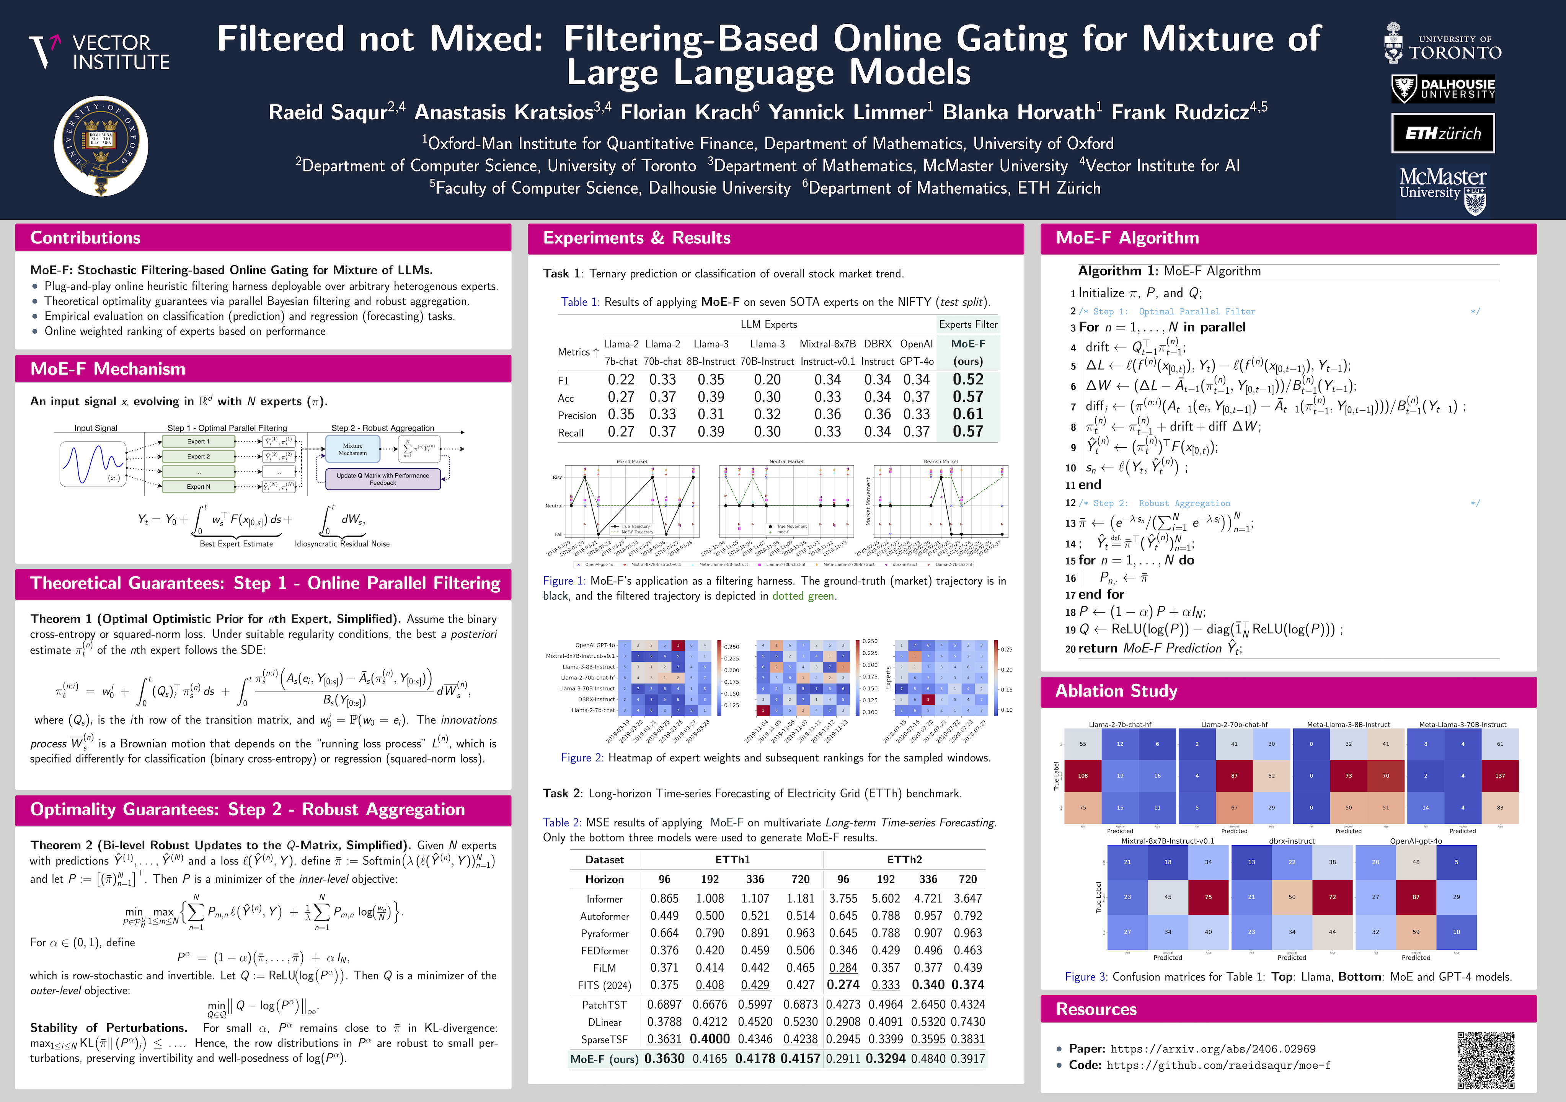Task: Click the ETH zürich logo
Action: point(1442,133)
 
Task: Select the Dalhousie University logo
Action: point(1442,89)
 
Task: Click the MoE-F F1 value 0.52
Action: point(968,380)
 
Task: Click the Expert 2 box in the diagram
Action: point(199,456)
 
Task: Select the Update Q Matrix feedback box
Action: point(383,479)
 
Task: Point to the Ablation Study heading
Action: point(1116,691)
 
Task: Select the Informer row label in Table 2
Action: point(604,899)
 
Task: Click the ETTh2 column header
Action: point(904,860)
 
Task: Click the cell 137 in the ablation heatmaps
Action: point(1500,775)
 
